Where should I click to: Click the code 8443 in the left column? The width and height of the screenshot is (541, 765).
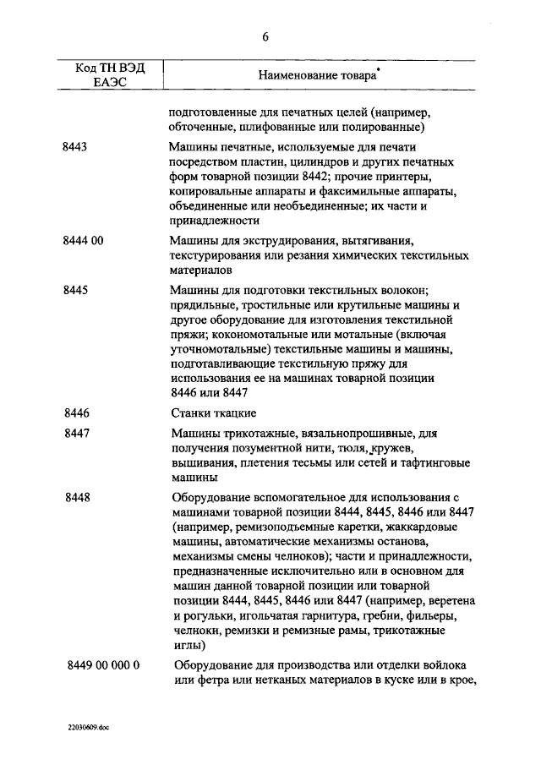click(x=75, y=146)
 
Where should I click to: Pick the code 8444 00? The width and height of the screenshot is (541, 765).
click(x=83, y=241)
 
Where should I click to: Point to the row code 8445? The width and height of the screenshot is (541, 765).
click(x=75, y=289)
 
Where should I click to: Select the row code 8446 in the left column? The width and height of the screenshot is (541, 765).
click(x=75, y=413)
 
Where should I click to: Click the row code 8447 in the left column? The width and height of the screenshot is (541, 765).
click(x=75, y=434)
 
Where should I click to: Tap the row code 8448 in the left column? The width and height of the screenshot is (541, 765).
click(x=75, y=497)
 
